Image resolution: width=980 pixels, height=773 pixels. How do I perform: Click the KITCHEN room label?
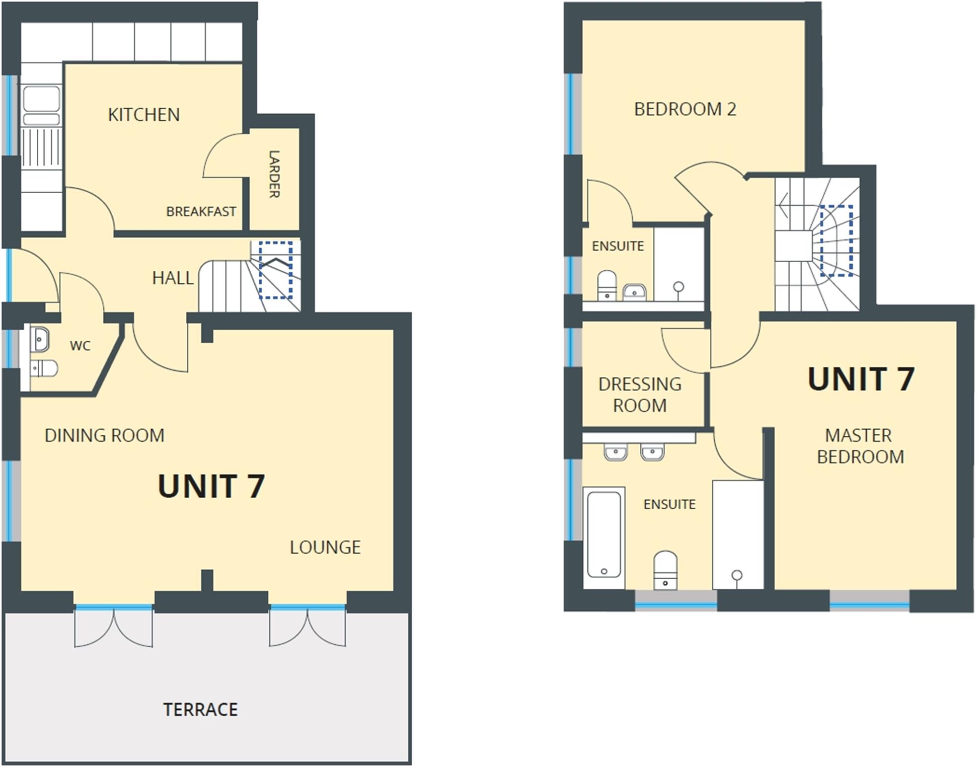tap(143, 115)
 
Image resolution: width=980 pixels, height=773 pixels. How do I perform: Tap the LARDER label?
tap(274, 174)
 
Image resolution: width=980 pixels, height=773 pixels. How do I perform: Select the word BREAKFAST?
tap(201, 211)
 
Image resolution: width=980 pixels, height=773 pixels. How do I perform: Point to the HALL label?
tap(173, 278)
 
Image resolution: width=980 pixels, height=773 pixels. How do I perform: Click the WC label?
tap(80, 346)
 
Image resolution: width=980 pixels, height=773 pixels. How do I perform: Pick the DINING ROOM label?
tap(104, 435)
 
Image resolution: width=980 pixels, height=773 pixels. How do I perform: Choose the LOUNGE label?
tap(325, 547)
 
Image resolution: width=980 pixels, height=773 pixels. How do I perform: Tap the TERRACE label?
tap(200, 710)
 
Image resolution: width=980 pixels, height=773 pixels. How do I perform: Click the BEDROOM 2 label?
tap(685, 109)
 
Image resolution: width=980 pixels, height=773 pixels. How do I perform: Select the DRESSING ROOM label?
tap(640, 395)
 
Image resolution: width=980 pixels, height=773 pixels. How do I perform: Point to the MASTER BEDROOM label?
tap(860, 446)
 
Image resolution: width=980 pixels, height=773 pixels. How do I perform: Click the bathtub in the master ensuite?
tap(604, 537)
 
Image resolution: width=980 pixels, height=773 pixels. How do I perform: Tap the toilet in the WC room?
tap(44, 368)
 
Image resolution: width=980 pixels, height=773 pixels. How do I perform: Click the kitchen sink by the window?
tap(41, 105)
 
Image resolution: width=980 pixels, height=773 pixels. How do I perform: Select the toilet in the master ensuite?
tap(665, 570)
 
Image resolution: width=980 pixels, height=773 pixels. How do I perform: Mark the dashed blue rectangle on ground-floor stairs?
tap(275, 270)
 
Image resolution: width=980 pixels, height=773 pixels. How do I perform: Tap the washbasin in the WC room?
tap(40, 340)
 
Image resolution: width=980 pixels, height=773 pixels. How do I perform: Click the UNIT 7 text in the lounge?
tap(211, 486)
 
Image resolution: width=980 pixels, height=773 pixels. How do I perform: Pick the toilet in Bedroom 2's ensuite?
tap(607, 285)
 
